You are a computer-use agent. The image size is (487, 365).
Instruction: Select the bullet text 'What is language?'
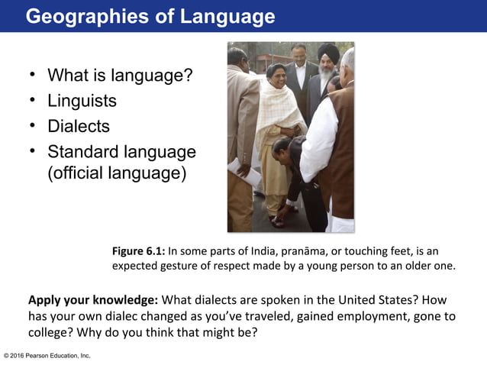coord(119,76)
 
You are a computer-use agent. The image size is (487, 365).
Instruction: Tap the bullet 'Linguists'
coord(82,101)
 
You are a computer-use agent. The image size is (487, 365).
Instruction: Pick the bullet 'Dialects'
coord(78,126)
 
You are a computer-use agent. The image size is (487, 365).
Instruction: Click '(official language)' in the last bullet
coord(116,173)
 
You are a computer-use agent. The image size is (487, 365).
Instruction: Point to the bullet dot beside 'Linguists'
coord(33,101)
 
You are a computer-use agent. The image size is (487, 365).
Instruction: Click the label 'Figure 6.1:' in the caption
coord(139,251)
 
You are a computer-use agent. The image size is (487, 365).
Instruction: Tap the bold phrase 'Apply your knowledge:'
coord(93,299)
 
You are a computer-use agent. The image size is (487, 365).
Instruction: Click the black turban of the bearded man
coord(328,52)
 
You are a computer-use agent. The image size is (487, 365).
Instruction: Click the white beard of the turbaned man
coord(327,78)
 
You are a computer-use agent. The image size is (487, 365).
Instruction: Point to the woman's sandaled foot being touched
coord(277,218)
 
